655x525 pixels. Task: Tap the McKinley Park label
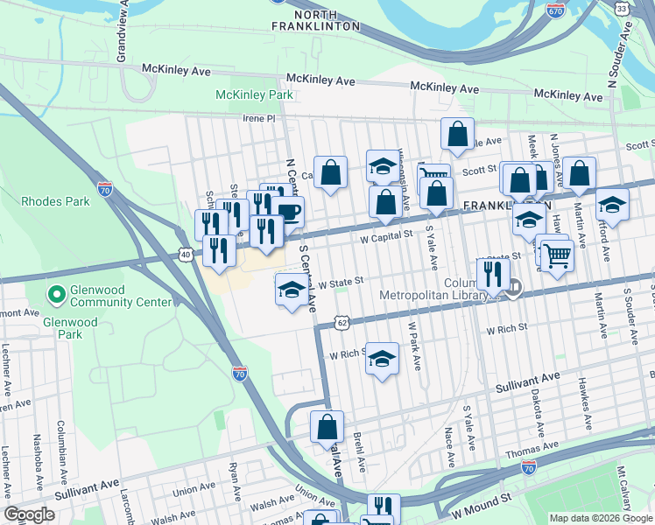255,94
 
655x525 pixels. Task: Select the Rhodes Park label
55,201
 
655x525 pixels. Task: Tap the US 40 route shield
186,254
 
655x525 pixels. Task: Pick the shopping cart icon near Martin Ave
557,255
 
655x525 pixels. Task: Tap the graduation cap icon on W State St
292,290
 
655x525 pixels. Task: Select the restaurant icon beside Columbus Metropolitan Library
494,273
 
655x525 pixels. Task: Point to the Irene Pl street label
259,118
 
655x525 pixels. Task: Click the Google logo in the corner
30,514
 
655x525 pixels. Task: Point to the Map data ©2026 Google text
600,518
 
